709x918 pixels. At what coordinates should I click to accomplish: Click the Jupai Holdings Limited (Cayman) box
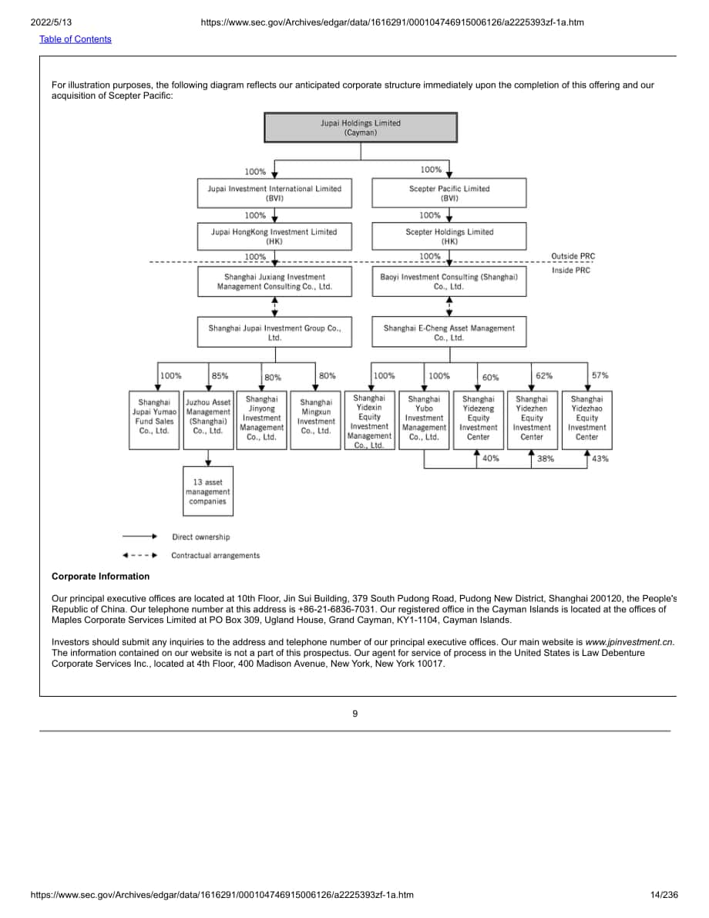(361, 128)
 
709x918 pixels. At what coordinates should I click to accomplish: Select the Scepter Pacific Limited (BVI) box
(449, 193)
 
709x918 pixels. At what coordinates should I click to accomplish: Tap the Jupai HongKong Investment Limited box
(274, 237)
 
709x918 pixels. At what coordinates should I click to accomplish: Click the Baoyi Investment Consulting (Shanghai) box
(449, 281)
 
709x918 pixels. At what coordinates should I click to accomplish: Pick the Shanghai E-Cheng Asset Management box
(449, 332)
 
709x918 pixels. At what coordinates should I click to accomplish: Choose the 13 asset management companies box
(208, 491)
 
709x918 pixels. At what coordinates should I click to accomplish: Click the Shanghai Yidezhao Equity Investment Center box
(586, 420)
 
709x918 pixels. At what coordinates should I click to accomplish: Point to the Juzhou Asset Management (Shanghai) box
(208, 420)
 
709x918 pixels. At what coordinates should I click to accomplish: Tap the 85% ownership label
(220, 376)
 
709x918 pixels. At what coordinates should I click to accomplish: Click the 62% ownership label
(544, 376)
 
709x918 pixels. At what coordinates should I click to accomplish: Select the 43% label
(600, 459)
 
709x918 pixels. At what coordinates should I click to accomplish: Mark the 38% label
(546, 459)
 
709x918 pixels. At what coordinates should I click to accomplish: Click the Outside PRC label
(573, 257)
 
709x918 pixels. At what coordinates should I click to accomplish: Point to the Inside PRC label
(571, 271)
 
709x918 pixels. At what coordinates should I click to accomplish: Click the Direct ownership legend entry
(201, 537)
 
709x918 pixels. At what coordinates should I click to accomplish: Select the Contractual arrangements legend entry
(216, 556)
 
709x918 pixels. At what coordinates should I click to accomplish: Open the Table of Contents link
(76, 39)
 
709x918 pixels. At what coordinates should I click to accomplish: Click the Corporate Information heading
(101, 576)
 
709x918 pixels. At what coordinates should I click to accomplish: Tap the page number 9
(354, 714)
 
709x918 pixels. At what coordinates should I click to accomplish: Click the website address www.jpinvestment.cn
(629, 641)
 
